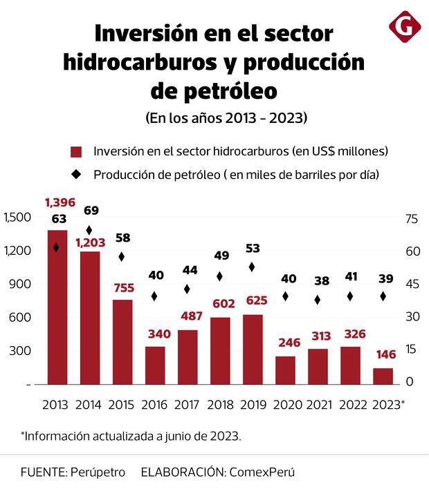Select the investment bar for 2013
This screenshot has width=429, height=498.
pos(57,307)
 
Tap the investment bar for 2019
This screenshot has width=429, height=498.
pos(253,349)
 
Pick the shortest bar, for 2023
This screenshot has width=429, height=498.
pos(383,376)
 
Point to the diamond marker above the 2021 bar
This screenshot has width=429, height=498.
pos(318,300)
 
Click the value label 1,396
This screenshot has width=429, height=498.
pos(60,202)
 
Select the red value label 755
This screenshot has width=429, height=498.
pos(122,288)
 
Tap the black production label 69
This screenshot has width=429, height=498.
pos(91,210)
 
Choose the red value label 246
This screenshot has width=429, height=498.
pos(285,343)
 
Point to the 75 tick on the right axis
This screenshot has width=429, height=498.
pos(412,218)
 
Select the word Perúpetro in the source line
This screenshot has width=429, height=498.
pos(98,472)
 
